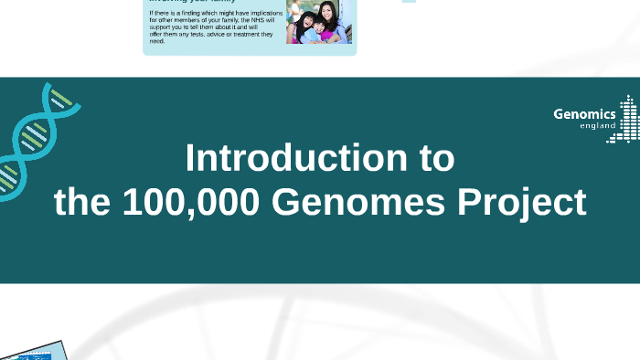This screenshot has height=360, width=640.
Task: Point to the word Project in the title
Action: coord(525,203)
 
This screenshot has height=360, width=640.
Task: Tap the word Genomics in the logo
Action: coord(584,114)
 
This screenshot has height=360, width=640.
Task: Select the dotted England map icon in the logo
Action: coord(627,119)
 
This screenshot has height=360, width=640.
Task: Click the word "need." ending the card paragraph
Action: coord(157,41)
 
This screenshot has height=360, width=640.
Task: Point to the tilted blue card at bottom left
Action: coord(33,351)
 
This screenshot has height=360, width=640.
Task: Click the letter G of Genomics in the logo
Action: coord(559,114)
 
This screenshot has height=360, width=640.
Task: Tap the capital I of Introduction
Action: coord(189,159)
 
